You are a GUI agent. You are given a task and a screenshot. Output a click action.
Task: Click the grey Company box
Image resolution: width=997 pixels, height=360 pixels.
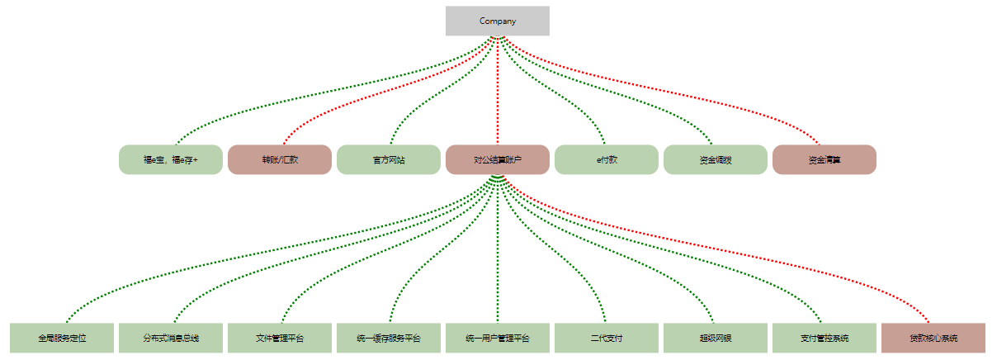(497, 21)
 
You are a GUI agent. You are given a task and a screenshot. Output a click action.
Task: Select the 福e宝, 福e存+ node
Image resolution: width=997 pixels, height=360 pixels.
(171, 159)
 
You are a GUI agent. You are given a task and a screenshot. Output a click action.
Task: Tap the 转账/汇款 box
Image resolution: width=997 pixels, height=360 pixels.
(280, 159)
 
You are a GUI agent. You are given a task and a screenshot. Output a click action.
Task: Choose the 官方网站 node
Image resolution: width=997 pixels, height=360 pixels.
(389, 159)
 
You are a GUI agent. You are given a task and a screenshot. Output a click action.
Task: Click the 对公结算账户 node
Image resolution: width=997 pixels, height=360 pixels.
(497, 159)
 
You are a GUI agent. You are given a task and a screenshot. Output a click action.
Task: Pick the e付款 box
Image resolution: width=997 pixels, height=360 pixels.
(607, 159)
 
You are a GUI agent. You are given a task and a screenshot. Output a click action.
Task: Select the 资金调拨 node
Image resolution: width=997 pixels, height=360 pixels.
(716, 159)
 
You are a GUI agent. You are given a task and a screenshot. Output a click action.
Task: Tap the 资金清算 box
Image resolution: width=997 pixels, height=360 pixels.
(825, 159)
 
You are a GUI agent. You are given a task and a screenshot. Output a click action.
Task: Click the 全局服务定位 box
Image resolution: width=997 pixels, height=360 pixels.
(62, 338)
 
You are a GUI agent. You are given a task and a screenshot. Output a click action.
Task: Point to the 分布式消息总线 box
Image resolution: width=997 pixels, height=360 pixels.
(171, 338)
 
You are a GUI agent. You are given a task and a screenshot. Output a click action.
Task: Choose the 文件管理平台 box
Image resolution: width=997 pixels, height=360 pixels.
(280, 338)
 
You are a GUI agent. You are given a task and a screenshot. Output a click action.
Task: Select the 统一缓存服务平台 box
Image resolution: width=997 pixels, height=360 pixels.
(389, 338)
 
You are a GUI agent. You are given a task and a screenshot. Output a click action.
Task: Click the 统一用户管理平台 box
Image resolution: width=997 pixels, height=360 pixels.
(498, 338)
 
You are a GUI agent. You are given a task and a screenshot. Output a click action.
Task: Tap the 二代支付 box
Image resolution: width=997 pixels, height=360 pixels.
(607, 338)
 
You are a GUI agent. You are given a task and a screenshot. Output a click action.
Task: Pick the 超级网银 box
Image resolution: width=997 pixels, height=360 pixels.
(716, 338)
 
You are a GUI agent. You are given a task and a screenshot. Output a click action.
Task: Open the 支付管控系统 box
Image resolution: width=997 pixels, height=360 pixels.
(825, 338)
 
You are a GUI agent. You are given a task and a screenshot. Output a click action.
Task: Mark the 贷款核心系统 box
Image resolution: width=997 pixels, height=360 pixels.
(933, 338)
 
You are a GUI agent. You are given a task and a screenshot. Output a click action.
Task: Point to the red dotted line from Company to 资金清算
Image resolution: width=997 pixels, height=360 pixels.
(702, 92)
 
